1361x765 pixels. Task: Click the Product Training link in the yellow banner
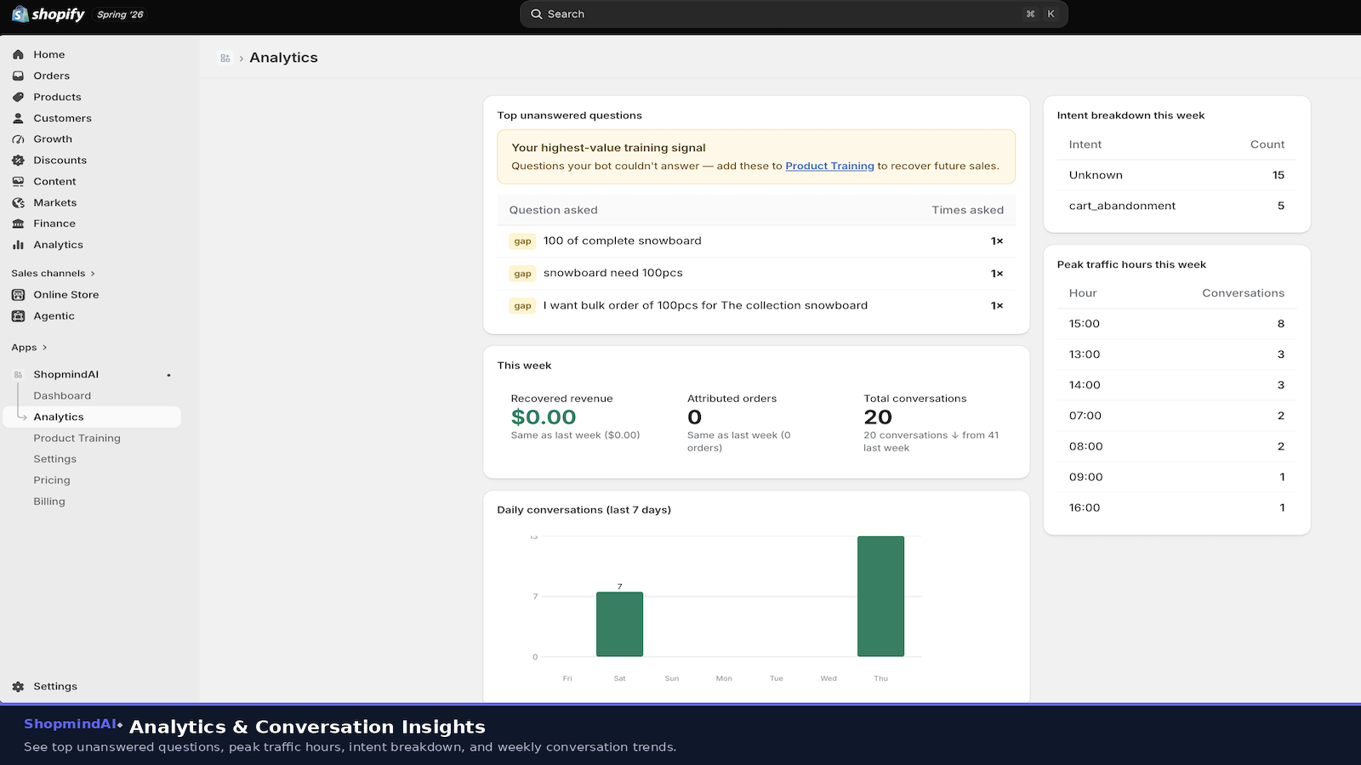tap(829, 166)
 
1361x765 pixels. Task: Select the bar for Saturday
tap(619, 624)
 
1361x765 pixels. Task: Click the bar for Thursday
tap(880, 596)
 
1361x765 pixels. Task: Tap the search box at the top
tap(794, 14)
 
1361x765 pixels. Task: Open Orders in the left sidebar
tap(51, 76)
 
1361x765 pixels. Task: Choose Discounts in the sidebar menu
tap(60, 161)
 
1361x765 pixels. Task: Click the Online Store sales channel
tap(65, 294)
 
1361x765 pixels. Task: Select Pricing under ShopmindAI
tap(52, 480)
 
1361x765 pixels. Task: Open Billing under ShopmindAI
tap(49, 501)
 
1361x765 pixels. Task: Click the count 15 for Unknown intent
tap(1278, 175)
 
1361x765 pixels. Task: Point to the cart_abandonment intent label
tap(1122, 206)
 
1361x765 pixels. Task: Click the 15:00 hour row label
tap(1084, 324)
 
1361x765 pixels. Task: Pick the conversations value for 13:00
tap(1280, 354)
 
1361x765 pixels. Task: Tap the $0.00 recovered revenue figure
tap(544, 417)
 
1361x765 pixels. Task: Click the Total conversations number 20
tap(877, 417)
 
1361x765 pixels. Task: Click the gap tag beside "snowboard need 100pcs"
tap(522, 273)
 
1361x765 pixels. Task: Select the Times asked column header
tap(967, 210)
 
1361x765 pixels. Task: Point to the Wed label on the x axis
tap(829, 678)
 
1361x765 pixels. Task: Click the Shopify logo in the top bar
tap(48, 14)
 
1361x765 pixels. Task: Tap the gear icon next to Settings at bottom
tap(18, 687)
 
